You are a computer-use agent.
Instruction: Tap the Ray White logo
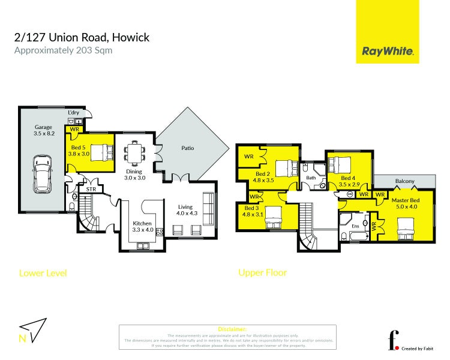coord(388,52)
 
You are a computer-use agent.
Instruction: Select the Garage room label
coord(43,131)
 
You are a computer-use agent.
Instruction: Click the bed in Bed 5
coord(101,152)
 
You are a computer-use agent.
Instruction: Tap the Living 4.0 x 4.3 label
coord(186,210)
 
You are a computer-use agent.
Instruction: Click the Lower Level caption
coord(43,273)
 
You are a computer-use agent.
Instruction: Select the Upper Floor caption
coord(262,272)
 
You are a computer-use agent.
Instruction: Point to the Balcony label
coord(404,181)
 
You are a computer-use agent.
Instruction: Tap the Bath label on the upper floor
coord(310,178)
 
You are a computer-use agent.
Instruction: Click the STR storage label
coord(91,190)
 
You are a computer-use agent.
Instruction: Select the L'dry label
coord(73,113)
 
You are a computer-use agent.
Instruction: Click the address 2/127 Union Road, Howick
coord(82,38)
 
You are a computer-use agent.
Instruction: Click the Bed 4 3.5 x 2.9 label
coord(349,182)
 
